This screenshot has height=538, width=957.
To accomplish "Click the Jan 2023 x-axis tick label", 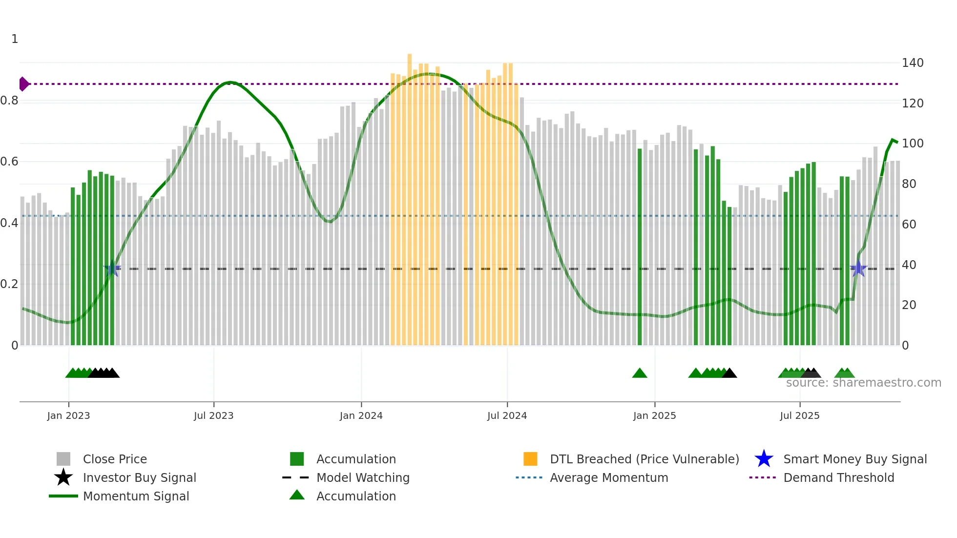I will [x=68, y=415].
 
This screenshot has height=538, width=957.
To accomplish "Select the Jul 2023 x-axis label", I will [x=213, y=415].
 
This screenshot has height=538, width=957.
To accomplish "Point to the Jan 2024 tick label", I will [x=361, y=415].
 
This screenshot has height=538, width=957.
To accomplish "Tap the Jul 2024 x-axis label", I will [x=507, y=415].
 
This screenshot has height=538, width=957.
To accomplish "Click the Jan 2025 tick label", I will [x=654, y=415].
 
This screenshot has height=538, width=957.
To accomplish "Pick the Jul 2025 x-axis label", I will [x=799, y=415].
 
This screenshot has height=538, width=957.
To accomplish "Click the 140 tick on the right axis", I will [x=913, y=63].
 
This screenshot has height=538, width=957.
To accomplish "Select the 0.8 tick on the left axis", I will [x=9, y=101].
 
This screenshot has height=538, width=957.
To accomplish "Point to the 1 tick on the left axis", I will [x=15, y=39].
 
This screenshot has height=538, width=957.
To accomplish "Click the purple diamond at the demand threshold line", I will [x=23, y=84].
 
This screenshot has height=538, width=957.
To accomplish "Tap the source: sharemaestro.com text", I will [x=863, y=383].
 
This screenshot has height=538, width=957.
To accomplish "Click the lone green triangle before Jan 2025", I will [x=640, y=373].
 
